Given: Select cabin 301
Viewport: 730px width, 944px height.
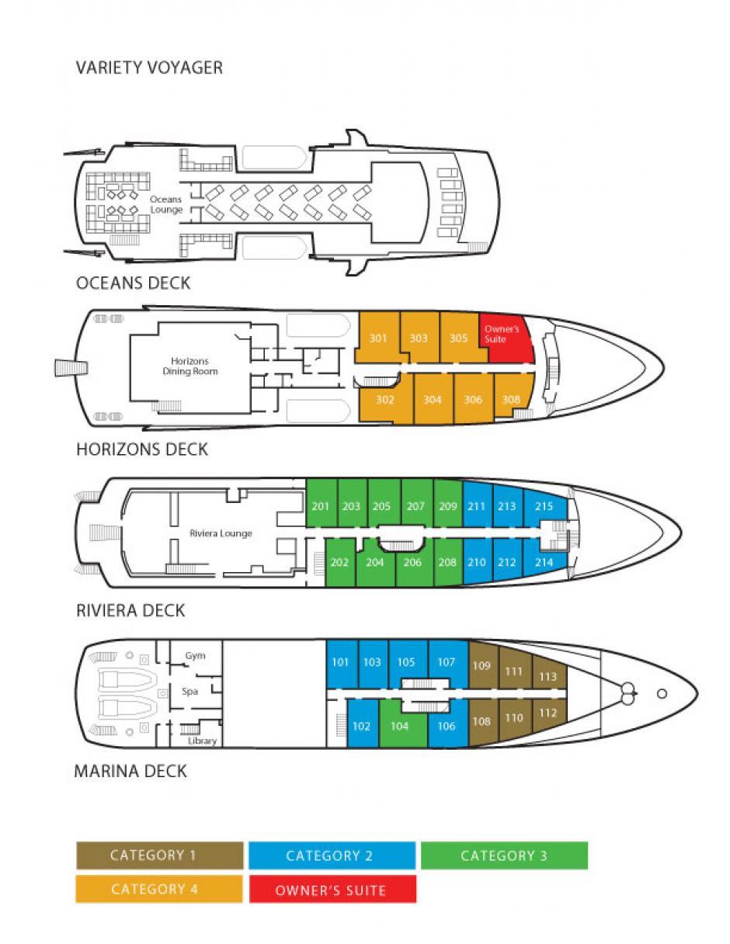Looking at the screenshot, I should [378, 338].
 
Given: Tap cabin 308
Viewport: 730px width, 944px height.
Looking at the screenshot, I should [511, 400].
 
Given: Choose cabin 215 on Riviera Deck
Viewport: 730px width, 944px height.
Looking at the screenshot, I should [544, 507].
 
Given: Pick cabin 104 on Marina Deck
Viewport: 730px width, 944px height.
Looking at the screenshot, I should [400, 727].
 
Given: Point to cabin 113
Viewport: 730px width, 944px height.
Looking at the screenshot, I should [547, 676].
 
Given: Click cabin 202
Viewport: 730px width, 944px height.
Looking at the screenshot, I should [339, 562].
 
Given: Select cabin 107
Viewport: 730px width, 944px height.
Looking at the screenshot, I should [447, 662].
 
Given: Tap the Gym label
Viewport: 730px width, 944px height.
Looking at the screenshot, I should [195, 656].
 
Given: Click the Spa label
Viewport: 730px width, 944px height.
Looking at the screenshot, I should [190, 691].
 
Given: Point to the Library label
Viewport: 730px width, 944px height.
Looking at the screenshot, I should [202, 741].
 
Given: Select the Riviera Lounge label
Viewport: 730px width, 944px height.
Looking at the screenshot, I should [221, 533].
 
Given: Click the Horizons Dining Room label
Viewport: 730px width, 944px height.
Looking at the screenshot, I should [190, 366].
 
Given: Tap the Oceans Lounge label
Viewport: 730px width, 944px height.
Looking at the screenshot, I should [166, 205].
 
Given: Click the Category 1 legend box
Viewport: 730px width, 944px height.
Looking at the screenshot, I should [159, 855].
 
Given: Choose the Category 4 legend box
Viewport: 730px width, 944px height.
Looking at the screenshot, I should [159, 889].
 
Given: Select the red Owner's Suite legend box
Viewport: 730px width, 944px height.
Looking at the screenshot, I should [332, 890].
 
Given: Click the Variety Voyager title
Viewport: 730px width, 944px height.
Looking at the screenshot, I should [149, 68].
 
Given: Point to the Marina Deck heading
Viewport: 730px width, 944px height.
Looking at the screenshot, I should [130, 772].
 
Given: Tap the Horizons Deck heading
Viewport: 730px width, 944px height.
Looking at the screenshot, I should [142, 449].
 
